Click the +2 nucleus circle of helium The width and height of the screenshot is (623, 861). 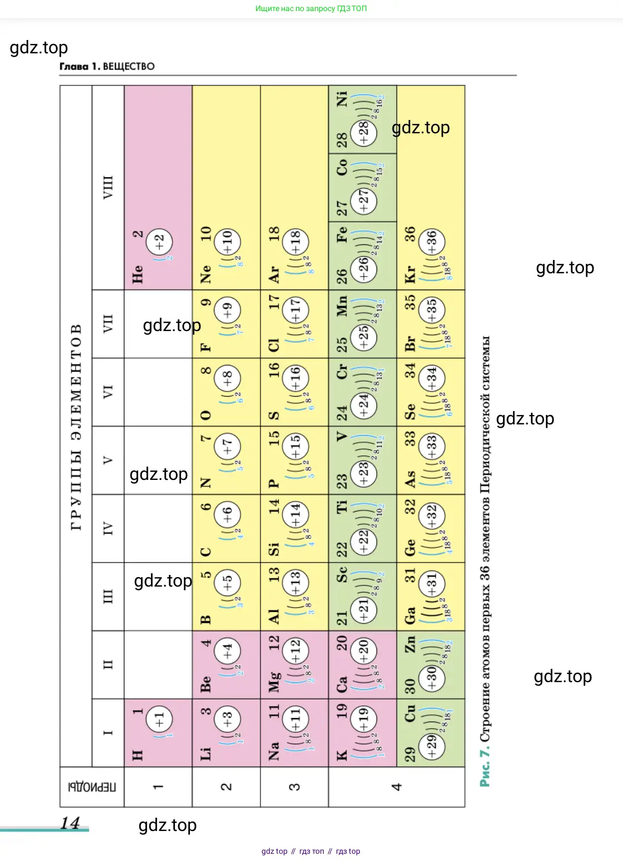[x=159, y=242]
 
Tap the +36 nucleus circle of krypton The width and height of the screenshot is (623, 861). [x=432, y=242]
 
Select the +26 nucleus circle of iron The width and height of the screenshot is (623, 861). [x=364, y=268]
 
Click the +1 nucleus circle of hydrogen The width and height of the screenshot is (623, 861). [x=159, y=720]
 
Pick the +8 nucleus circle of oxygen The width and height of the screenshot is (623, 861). [x=228, y=378]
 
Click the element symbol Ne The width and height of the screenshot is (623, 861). [x=205, y=274]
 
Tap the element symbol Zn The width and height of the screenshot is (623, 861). [x=410, y=644]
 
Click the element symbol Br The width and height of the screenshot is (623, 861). [x=410, y=343]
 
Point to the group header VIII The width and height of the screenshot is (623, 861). [x=108, y=187]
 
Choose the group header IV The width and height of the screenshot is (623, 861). [x=108, y=528]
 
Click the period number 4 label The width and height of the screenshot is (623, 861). [x=396, y=787]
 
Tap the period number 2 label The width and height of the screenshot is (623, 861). [x=226, y=787]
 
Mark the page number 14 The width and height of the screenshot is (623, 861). [x=71, y=823]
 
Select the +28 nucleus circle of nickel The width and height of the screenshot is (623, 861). [x=364, y=133]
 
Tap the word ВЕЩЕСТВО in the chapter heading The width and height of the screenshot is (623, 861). [x=129, y=67]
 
